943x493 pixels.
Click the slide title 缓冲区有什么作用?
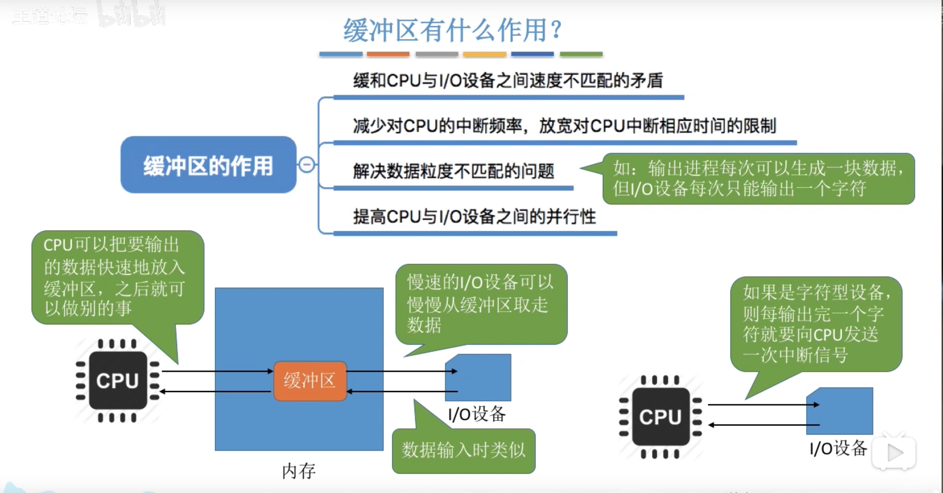(452, 31)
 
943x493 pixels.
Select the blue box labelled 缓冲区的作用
(208, 165)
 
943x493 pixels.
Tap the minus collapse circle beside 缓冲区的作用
(307, 165)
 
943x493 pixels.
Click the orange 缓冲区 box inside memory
(310, 381)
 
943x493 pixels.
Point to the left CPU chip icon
(118, 381)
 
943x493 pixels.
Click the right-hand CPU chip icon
(660, 417)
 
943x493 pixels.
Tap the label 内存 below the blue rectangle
(299, 471)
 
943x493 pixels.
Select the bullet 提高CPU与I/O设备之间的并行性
(474, 217)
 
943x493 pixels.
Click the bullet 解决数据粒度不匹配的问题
(453, 172)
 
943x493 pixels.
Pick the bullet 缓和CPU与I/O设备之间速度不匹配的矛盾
(508, 81)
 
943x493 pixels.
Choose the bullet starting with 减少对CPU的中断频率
(564, 126)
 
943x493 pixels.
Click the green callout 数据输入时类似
(463, 451)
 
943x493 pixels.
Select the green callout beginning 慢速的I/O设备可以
(481, 304)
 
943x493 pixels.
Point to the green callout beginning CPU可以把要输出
(118, 277)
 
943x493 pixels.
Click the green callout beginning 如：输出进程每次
(758, 179)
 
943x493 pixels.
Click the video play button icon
(894, 453)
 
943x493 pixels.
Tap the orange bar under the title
(388, 54)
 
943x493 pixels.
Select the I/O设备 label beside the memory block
(477, 414)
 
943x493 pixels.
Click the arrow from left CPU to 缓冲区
(217, 371)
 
